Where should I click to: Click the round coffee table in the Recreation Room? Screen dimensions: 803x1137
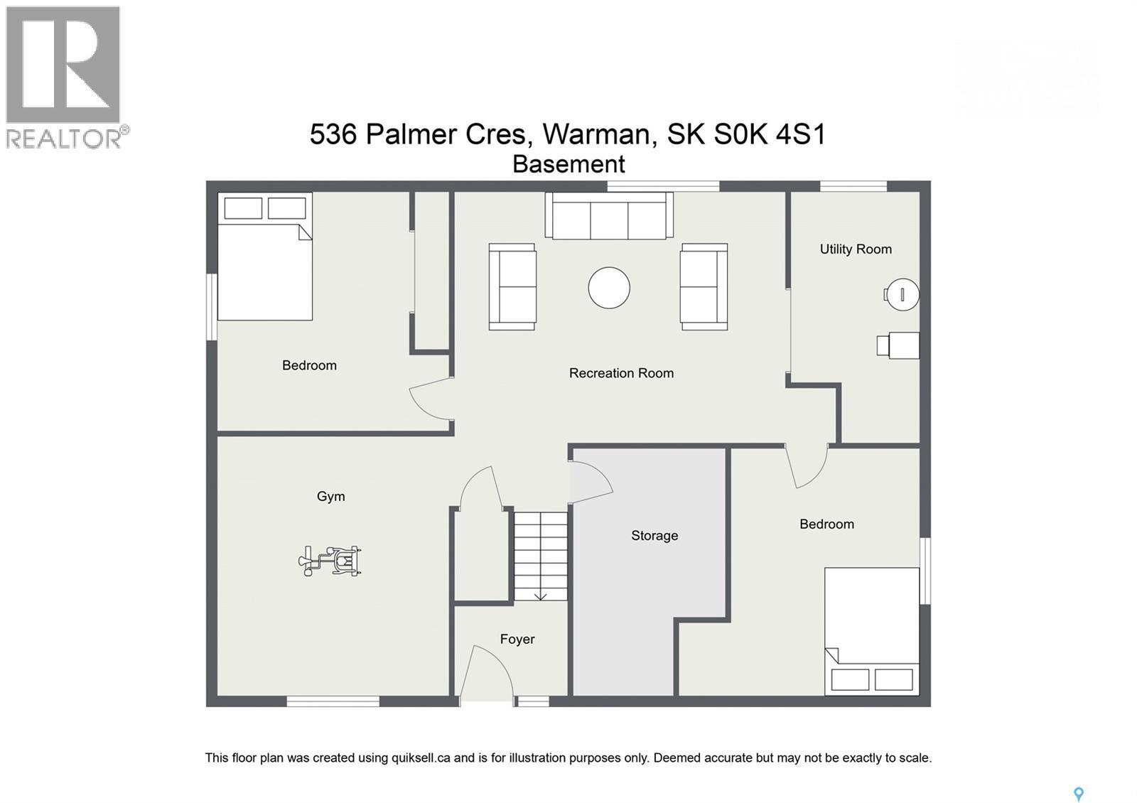coord(609,288)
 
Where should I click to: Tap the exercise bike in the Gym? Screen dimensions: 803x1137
coord(331,561)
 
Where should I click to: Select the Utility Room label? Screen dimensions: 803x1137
coord(856,249)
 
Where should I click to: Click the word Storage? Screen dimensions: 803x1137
coord(654,536)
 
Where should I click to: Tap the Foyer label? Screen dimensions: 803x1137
coord(517,640)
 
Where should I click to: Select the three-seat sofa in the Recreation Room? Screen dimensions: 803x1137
coord(609,216)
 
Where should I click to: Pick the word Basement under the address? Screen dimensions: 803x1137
coord(568,165)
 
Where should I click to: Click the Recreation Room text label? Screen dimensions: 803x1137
coord(621,373)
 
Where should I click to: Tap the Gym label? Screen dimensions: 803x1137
coord(330,497)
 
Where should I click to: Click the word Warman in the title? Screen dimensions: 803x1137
coord(596,134)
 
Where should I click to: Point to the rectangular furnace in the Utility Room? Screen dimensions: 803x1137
coord(900,345)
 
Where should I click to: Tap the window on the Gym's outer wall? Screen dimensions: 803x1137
coord(333,701)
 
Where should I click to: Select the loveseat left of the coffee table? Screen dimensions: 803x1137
coord(512,287)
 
